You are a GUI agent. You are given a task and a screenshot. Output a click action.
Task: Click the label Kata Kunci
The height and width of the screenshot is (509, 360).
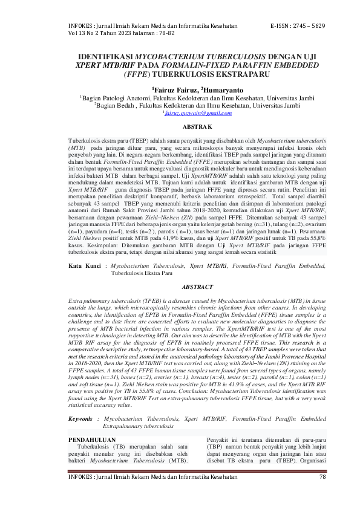click(x=83, y=266)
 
